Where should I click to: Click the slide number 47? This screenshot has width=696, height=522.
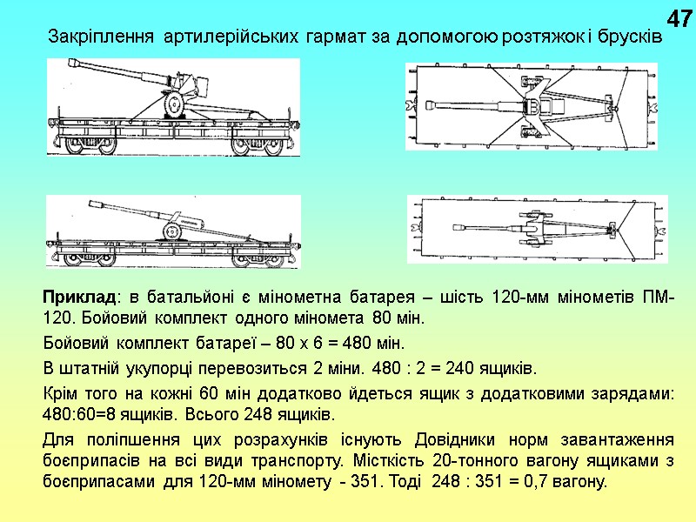point(678,17)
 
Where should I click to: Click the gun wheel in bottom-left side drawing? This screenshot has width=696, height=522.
point(172,231)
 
